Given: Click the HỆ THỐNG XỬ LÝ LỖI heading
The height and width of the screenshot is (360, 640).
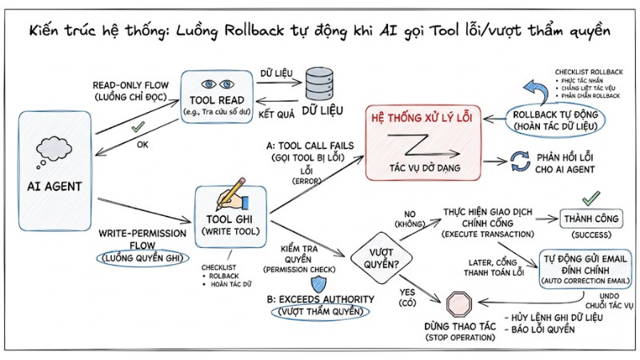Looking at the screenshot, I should coord(426,118).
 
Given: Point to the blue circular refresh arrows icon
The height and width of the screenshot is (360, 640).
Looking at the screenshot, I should coord(520,163).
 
